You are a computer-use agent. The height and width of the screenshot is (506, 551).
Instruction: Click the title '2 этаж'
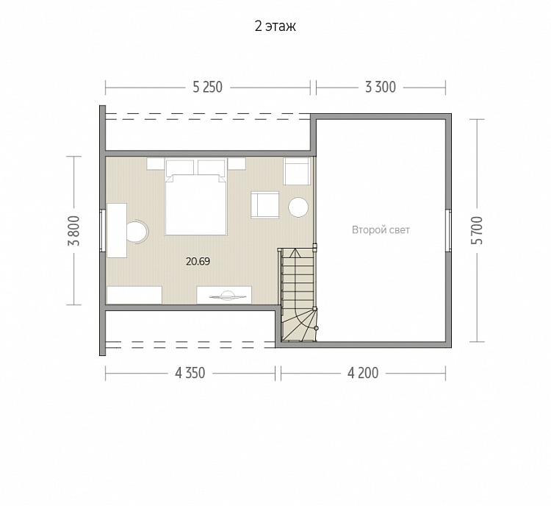pos(275,26)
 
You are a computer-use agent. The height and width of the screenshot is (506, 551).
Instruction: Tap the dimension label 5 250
pos(207,88)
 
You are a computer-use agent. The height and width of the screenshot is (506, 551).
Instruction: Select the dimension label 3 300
pos(381,88)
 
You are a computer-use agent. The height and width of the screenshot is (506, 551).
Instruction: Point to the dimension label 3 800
pos(74,230)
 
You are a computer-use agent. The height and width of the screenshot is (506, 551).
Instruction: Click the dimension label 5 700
pos(478,230)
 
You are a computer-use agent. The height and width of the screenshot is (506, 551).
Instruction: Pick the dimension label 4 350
pos(190,373)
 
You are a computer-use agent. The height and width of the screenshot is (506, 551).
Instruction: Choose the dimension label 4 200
pos(363,373)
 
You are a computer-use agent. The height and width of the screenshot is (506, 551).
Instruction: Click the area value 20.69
pos(198,261)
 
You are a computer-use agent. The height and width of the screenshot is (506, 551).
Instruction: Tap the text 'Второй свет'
pos(381,230)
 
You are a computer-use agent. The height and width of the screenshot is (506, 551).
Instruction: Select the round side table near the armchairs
pos(298,207)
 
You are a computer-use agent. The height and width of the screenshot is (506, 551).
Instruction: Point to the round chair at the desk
pos(137,232)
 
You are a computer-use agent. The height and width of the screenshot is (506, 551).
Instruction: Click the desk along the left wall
pos(117,230)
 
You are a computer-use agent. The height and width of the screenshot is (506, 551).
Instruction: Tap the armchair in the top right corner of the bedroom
pos(297,171)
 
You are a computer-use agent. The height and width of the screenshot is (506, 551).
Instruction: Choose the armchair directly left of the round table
pos(265,204)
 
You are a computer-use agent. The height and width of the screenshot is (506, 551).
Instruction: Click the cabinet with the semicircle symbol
pos(224,295)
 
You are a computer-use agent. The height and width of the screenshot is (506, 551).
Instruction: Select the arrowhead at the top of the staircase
pos(294,252)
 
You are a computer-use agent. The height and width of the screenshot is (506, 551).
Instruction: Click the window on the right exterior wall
pos(448,230)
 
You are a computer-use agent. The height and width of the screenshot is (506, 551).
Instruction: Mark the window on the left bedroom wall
pos(102,230)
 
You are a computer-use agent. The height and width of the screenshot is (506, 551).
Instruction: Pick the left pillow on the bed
pos(179,168)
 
